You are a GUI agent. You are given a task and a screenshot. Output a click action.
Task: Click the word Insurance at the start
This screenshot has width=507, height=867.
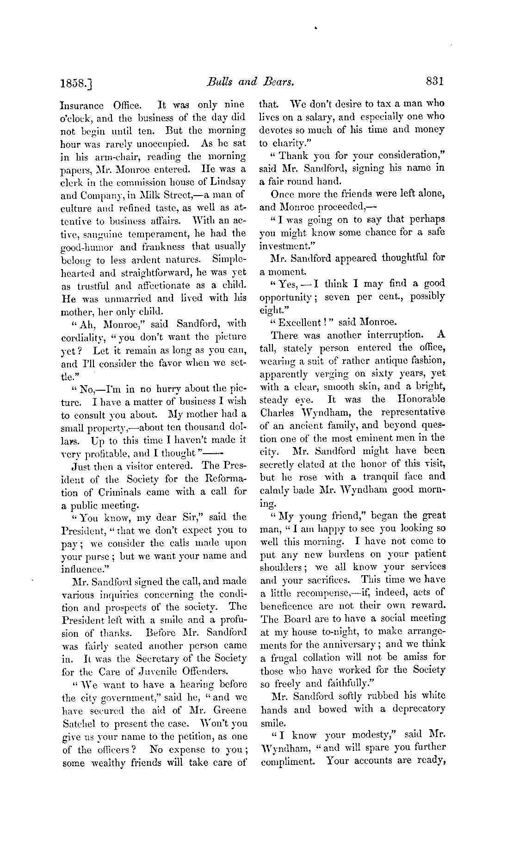point(80,105)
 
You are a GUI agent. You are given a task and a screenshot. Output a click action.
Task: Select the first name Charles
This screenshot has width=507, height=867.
point(276,412)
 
